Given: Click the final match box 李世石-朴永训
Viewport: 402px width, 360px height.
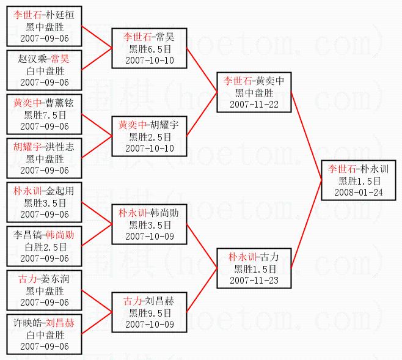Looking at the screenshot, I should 360,180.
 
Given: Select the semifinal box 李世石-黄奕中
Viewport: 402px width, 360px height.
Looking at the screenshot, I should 255,92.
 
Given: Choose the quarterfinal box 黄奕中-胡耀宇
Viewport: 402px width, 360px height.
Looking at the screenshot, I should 149,136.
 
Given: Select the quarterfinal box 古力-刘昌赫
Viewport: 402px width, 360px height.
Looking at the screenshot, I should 149,312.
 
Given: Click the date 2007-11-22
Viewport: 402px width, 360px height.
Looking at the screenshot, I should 255,104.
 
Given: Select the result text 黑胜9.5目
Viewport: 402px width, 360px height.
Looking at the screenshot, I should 149,312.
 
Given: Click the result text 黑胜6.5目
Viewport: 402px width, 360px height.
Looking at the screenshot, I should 149,49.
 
